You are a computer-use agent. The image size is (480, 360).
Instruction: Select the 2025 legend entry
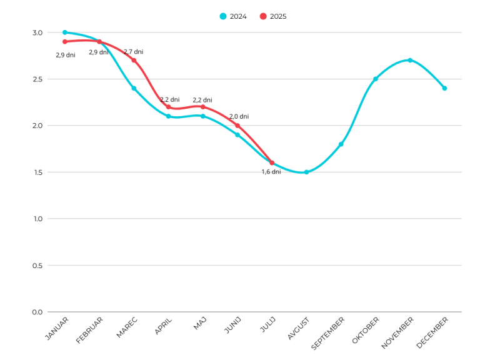click(x=274, y=16)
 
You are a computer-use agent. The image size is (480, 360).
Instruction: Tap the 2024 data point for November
click(x=410, y=60)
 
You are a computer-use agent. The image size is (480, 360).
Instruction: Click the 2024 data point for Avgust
click(x=306, y=172)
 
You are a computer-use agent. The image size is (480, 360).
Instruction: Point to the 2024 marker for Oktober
click(x=376, y=79)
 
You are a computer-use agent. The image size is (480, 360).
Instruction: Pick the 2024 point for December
click(x=444, y=88)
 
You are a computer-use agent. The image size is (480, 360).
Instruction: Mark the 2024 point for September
click(x=341, y=144)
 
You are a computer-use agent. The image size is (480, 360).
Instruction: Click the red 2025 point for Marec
click(x=134, y=60)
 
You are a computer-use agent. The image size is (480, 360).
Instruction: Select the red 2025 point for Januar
click(x=64, y=41)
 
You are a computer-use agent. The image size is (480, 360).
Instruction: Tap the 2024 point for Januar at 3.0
click(x=64, y=32)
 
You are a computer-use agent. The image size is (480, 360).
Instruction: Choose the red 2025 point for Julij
click(x=272, y=162)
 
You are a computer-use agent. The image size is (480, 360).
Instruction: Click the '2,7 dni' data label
click(x=133, y=52)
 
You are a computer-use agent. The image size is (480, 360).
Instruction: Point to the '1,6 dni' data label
click(x=271, y=172)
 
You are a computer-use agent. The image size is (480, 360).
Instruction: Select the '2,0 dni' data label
click(x=239, y=116)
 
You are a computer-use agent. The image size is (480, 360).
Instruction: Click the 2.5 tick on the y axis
click(x=37, y=79)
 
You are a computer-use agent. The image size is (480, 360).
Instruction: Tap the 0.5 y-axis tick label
click(x=37, y=265)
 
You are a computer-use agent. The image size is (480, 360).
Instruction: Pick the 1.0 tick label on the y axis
click(x=37, y=219)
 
